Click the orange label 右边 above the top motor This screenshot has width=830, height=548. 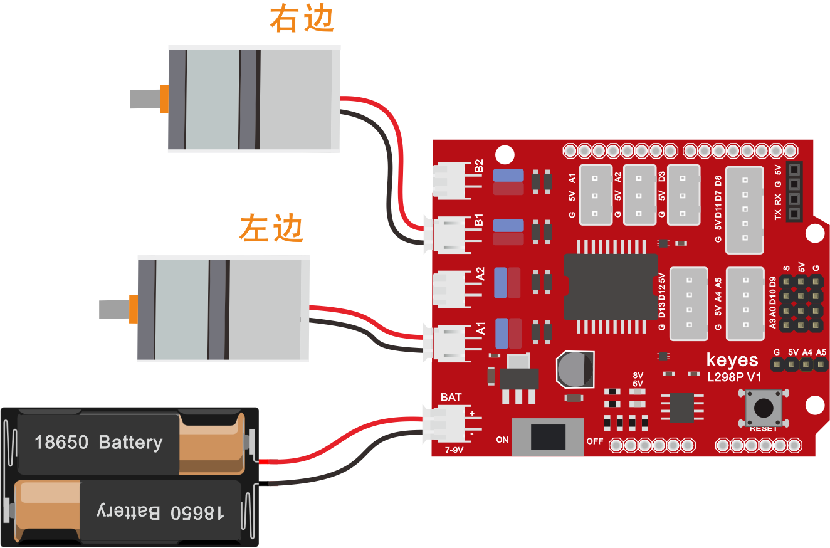pyautogui.click(x=302, y=19)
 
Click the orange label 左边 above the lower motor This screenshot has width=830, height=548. pyautogui.click(x=271, y=228)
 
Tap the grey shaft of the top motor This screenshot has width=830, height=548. pyautogui.click(x=145, y=99)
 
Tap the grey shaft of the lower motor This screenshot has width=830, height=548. pyautogui.click(x=114, y=309)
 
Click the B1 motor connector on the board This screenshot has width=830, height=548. pyautogui.click(x=453, y=235)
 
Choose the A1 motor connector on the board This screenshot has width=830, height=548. pyautogui.click(x=453, y=343)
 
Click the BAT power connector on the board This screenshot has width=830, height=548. pyautogui.click(x=453, y=424)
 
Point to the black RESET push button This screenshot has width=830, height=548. pyautogui.click(x=764, y=408)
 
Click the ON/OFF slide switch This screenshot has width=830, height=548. pyautogui.click(x=548, y=437)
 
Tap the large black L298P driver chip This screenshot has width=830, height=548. pyautogui.click(x=610, y=287)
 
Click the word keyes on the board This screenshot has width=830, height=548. pyautogui.click(x=732, y=360)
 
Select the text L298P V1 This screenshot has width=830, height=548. pyautogui.click(x=734, y=377)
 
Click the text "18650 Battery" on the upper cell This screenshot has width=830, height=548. pyautogui.click(x=98, y=443)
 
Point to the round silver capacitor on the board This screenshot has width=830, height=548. pyautogui.click(x=575, y=369)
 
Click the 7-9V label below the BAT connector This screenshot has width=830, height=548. pyautogui.click(x=454, y=450)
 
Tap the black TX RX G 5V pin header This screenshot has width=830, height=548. pyautogui.click(x=794, y=192)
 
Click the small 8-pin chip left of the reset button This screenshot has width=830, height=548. pyautogui.click(x=682, y=408)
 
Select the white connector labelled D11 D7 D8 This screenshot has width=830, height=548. pyautogui.click(x=745, y=210)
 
